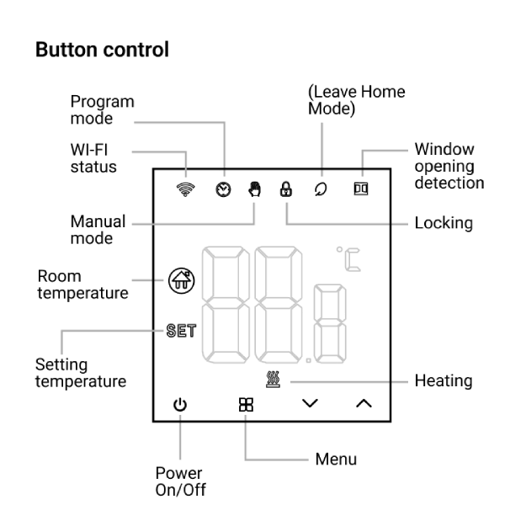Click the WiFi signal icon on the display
point(185,190)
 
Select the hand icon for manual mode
point(254,190)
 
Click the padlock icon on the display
point(286,190)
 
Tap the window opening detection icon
point(362,190)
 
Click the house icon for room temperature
point(179,279)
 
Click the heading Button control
point(102,50)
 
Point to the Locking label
point(444,223)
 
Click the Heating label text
point(444,381)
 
